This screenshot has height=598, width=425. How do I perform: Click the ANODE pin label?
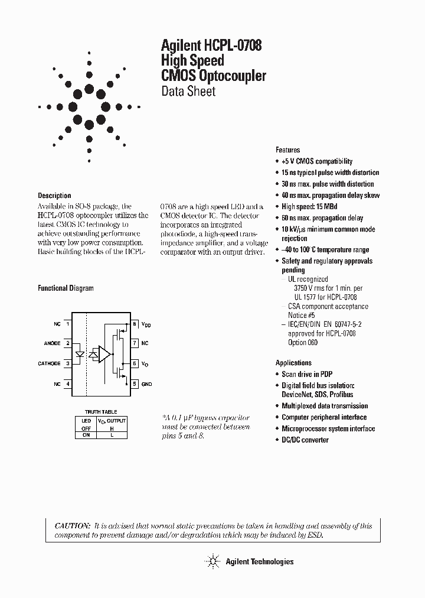tap(53, 343)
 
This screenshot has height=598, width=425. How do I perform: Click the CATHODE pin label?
tap(49, 363)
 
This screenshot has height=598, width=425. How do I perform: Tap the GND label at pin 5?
tap(146, 384)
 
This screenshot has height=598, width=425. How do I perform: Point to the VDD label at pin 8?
tap(146, 324)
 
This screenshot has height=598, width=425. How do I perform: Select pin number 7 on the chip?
tap(135, 343)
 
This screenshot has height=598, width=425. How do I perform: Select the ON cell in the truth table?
tap(86, 434)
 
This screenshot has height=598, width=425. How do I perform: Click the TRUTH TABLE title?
tap(101, 412)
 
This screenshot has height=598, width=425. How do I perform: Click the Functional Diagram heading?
tap(66, 288)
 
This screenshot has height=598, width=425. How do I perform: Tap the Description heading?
tap(54, 196)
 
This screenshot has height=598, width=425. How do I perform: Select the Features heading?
tap(287, 150)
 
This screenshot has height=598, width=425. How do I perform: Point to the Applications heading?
tap(293, 363)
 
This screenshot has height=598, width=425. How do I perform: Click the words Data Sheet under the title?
tap(188, 92)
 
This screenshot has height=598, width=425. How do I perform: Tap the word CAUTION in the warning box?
tap(73, 526)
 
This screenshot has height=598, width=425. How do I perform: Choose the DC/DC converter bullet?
tap(305, 440)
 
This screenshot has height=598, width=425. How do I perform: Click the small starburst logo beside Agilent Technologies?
tap(211, 561)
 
